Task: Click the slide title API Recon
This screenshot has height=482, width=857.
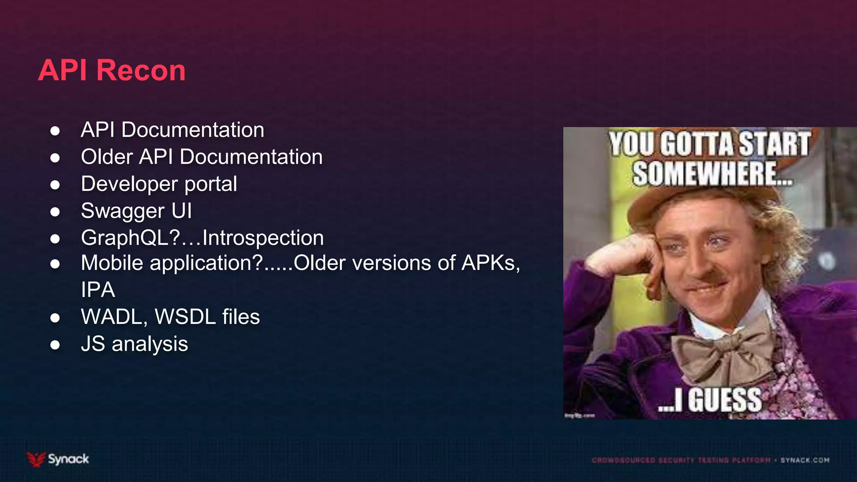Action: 112,70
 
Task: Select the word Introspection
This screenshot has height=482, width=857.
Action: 263,238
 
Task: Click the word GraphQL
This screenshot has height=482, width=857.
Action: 130,238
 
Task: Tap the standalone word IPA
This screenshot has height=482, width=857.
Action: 98,290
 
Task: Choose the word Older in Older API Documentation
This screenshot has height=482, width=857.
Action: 107,157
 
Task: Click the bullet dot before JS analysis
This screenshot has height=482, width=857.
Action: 55,345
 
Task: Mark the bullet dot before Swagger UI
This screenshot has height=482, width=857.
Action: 55,212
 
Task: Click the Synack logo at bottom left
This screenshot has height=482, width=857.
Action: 58,459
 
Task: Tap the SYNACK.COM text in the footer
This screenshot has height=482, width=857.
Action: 805,460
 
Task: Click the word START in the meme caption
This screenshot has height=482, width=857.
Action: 774,144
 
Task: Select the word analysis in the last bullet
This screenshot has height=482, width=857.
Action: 149,344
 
